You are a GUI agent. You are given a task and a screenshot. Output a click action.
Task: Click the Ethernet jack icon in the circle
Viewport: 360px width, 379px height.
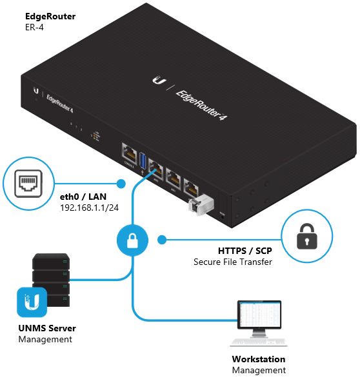[26, 182]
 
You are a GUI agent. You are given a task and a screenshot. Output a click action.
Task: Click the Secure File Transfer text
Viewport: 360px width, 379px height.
[233, 262]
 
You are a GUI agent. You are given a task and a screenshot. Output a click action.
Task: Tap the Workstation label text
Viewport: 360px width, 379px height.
[258, 359]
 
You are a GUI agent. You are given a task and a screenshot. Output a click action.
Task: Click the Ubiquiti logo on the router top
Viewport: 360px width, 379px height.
[157, 80]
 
